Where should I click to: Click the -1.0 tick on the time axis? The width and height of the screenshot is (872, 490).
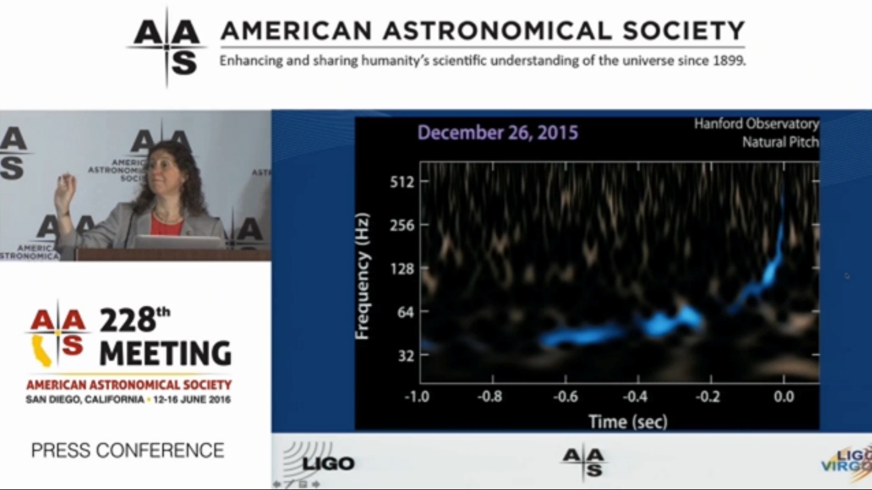(417, 398)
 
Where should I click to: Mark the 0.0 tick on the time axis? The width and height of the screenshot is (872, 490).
(784, 398)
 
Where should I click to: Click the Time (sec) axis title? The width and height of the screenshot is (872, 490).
(627, 421)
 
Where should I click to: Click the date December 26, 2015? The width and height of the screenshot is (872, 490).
(498, 133)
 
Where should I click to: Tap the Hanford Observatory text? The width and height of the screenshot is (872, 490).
(757, 124)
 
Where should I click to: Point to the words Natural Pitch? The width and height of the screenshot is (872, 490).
(780, 143)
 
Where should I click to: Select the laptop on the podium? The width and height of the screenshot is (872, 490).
(179, 241)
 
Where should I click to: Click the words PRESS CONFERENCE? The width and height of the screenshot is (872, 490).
(128, 450)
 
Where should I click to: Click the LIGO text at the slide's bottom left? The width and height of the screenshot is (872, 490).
(328, 464)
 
